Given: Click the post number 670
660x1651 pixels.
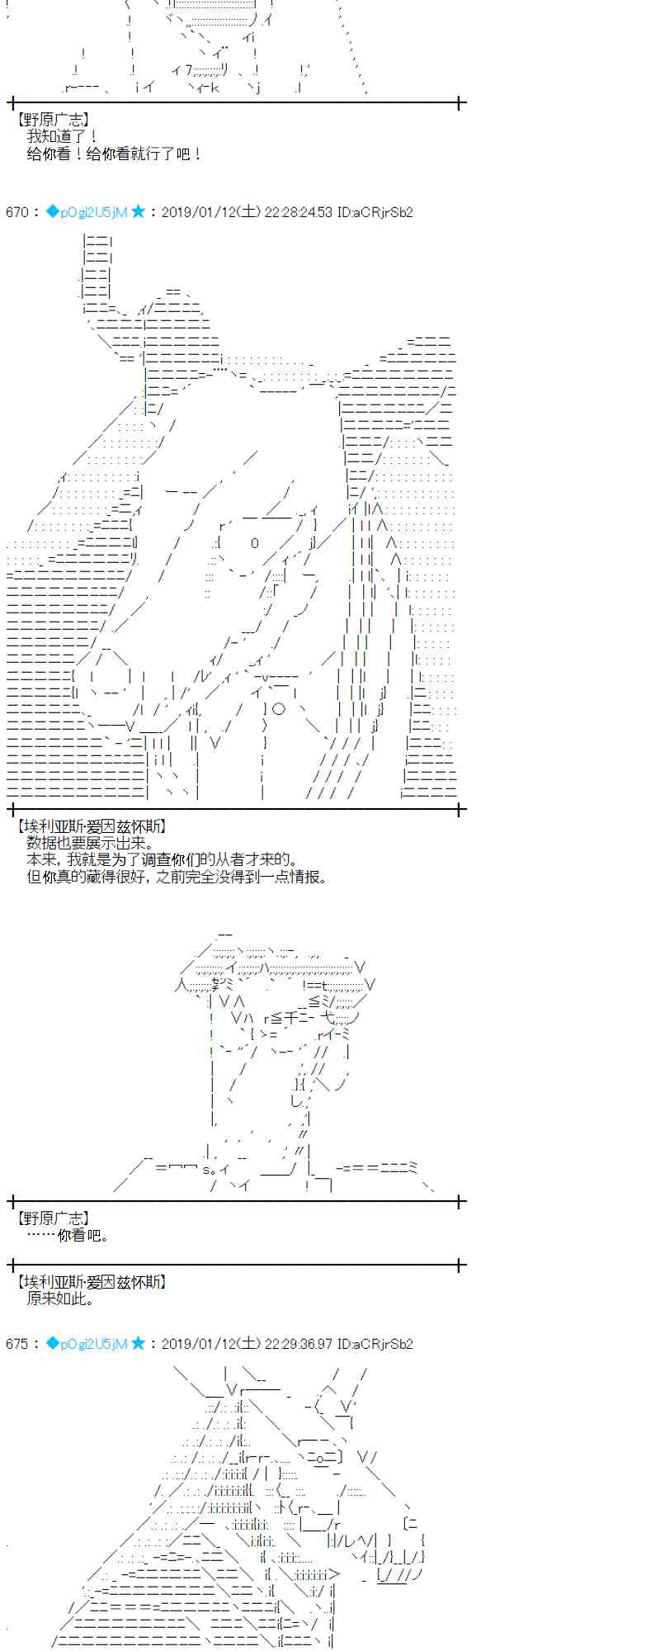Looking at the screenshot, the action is click(16, 212).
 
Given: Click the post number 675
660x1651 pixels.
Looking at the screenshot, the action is click(16, 1344).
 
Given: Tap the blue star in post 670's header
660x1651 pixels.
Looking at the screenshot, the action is click(138, 211).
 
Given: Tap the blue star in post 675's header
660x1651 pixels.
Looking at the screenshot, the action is click(138, 1343).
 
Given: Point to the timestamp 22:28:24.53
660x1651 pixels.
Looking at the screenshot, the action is click(298, 212).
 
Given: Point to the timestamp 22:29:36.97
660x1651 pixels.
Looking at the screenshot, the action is click(298, 1344).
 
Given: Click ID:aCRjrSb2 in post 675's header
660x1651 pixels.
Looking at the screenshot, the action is click(375, 1344).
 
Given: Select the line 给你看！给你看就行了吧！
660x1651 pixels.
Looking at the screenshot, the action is click(115, 154).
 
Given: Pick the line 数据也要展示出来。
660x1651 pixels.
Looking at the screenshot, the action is click(90, 843).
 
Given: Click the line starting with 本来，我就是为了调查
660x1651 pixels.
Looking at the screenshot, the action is click(162, 860).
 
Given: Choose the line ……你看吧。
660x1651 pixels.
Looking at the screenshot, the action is click(68, 1236).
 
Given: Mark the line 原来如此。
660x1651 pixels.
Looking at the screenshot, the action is click(60, 1299).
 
